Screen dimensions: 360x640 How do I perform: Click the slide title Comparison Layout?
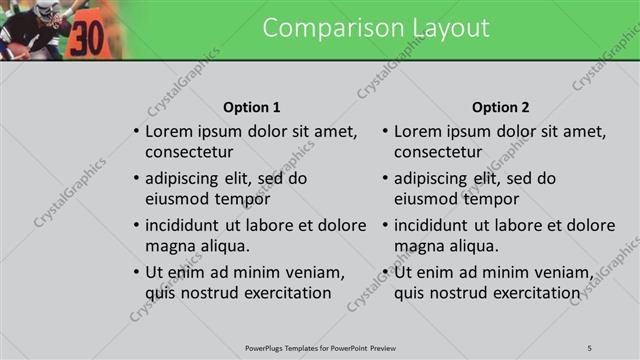click(376, 28)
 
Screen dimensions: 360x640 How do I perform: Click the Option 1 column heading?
click(251, 107)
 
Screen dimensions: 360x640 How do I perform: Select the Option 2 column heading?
click(501, 107)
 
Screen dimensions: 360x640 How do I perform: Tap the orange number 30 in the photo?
click(87, 37)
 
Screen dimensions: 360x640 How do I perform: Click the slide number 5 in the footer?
click(590, 347)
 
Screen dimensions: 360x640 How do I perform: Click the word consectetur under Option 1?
click(189, 153)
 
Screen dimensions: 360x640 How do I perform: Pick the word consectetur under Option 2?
click(438, 153)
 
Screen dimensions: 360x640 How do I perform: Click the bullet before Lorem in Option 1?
click(136, 132)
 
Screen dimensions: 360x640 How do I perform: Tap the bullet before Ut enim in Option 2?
click(385, 272)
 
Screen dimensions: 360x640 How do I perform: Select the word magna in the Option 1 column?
click(168, 246)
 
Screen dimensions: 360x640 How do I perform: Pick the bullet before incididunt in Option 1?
click(136, 225)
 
